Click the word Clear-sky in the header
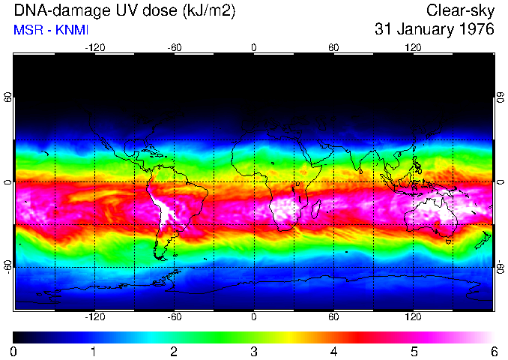pyautogui.click(x=460, y=10)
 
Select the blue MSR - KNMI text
pyautogui.click(x=48, y=30)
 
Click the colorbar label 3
pyautogui.click(x=253, y=351)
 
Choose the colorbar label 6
pyautogui.click(x=493, y=351)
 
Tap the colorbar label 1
pyautogui.click(x=93, y=351)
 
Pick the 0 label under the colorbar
pyautogui.click(x=13, y=351)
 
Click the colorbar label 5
pyautogui.click(x=413, y=351)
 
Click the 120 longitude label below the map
pyautogui.click(x=413, y=317)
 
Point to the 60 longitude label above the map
pyautogui.click(x=333, y=47)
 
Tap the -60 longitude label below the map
pyautogui.click(x=174, y=317)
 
